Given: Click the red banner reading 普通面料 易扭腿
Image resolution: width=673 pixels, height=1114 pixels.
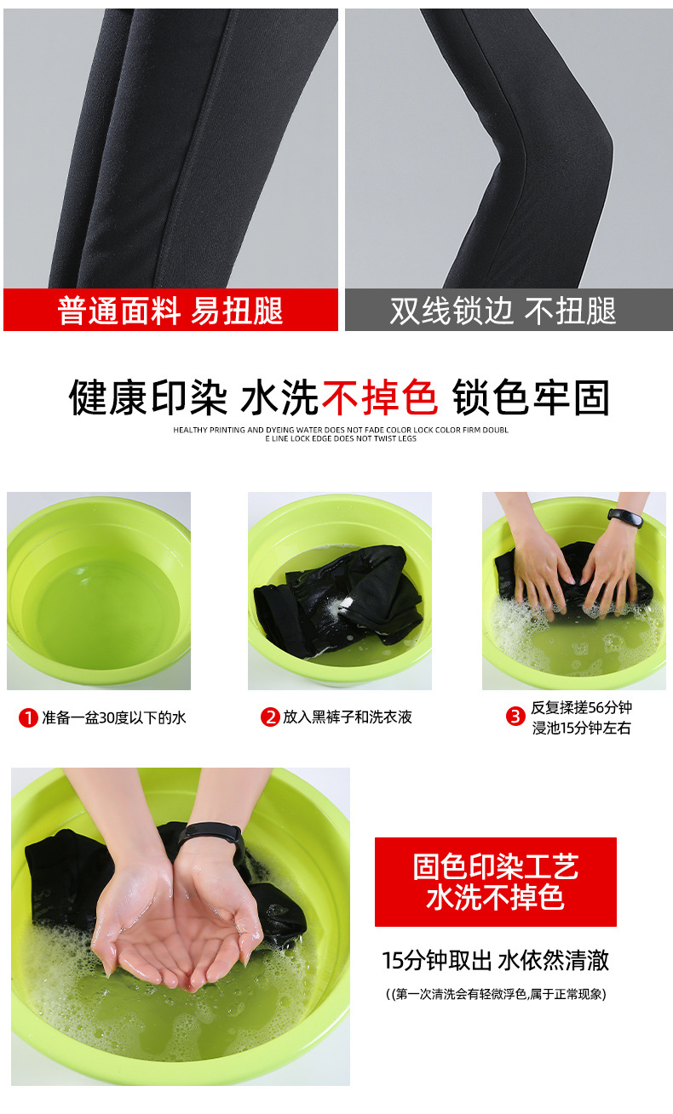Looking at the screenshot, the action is tap(170, 309).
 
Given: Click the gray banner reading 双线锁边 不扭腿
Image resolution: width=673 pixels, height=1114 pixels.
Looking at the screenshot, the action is tap(509, 309).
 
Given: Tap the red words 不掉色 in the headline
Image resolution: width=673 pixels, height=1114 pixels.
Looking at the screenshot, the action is tap(380, 397).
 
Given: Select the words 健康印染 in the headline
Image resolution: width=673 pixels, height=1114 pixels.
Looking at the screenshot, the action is tap(148, 397).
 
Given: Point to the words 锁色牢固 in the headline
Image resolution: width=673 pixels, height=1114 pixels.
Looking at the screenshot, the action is tap(531, 397).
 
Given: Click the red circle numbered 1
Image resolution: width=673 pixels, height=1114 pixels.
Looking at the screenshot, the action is tap(28, 717).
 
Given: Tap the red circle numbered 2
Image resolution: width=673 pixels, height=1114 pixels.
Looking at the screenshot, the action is tap(270, 717).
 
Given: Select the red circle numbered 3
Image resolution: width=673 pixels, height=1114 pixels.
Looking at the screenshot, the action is tap(515, 717).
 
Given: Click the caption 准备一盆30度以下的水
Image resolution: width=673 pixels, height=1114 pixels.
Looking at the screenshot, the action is tap(114, 717).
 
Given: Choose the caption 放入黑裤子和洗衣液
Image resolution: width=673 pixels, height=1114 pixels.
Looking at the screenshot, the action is tap(348, 717).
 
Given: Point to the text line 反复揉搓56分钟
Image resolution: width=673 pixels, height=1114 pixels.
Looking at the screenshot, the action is tap(581, 706).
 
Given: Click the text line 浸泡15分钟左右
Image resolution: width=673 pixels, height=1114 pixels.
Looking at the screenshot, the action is tap(581, 728).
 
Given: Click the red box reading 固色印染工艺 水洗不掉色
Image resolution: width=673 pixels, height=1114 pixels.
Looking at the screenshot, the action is tap(495, 882).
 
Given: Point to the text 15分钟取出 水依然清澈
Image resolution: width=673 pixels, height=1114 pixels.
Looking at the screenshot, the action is tap(495, 960).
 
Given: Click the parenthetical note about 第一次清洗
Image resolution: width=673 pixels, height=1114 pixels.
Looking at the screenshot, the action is tap(496, 994).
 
